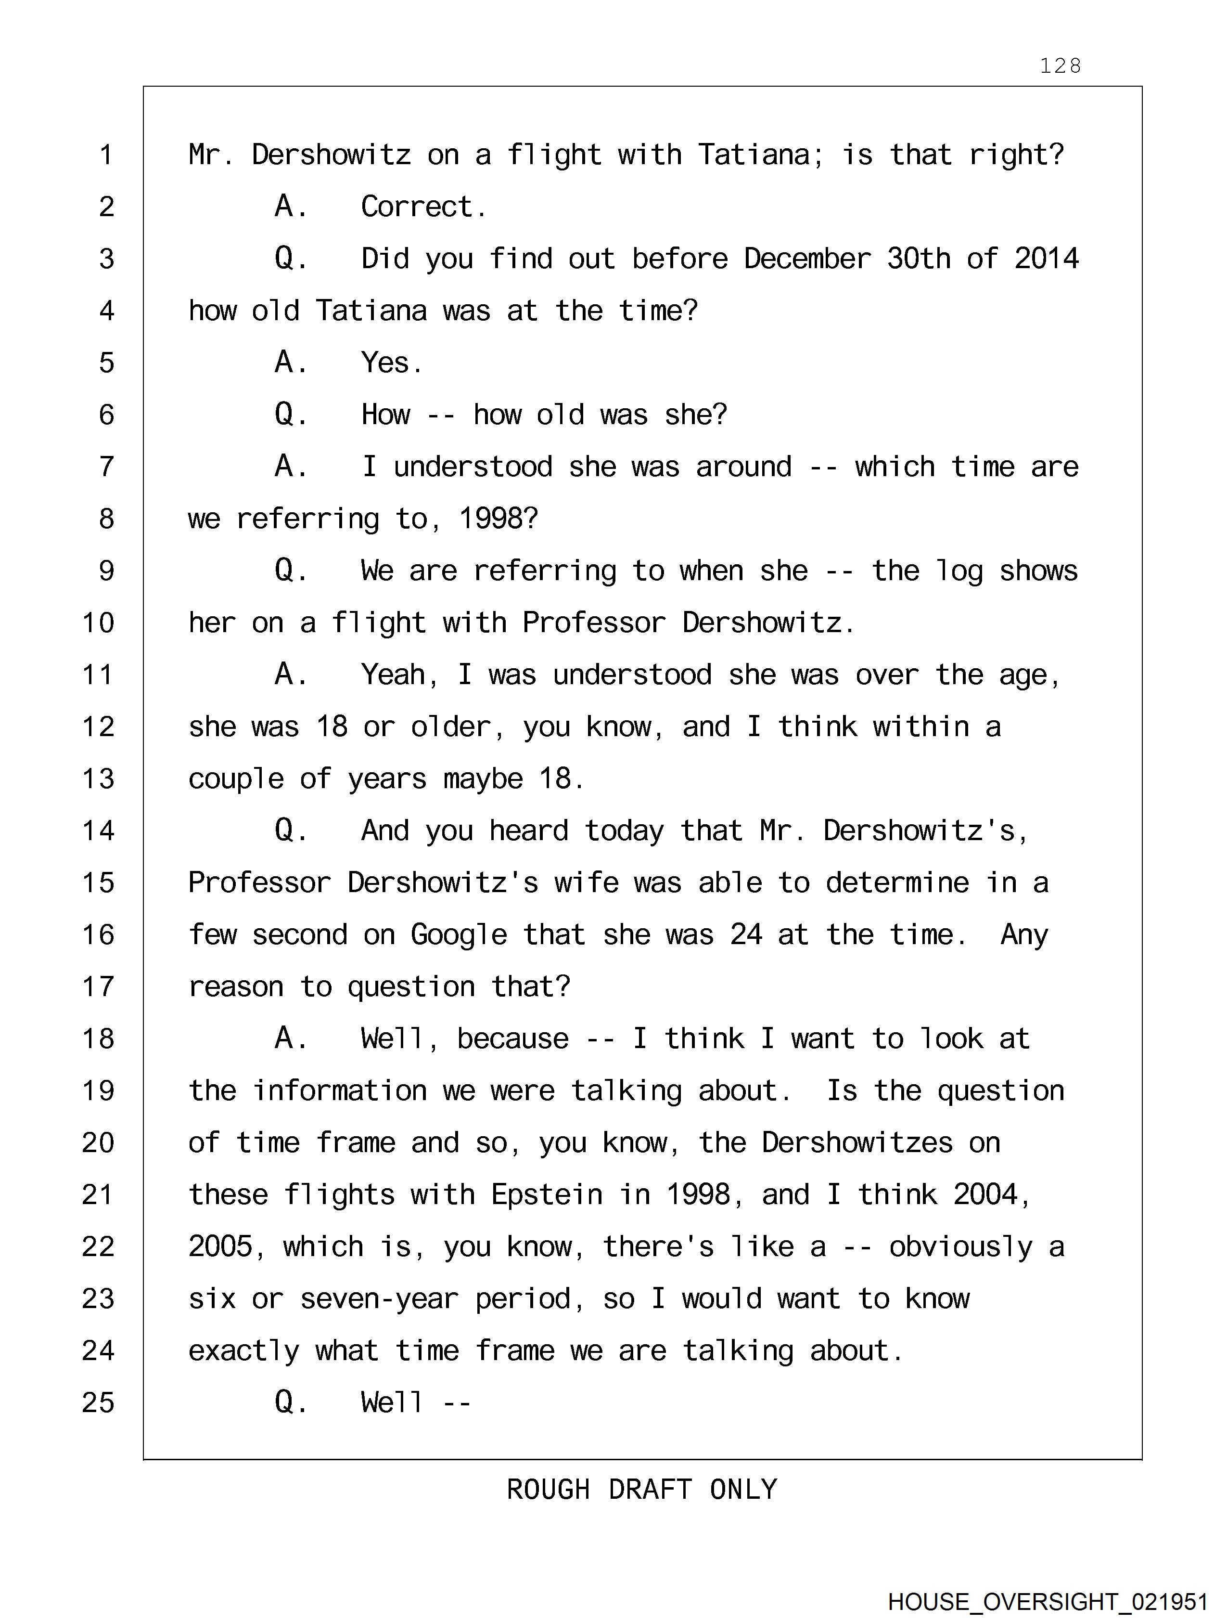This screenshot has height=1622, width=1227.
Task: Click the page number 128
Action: tap(1060, 66)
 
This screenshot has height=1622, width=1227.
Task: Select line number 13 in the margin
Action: tap(98, 779)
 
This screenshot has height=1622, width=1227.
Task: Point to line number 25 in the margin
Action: tap(98, 1403)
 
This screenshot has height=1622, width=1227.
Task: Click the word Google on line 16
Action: tap(458, 935)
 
